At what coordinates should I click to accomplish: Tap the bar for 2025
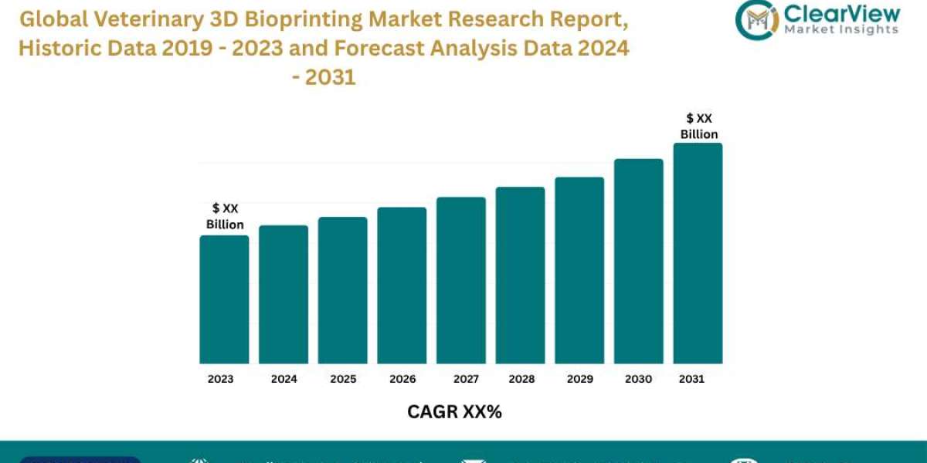(x=342, y=290)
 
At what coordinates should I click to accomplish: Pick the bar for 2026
(x=402, y=286)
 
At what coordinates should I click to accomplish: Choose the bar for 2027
(x=461, y=280)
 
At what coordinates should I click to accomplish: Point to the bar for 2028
(x=520, y=275)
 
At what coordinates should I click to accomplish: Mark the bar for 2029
(x=579, y=270)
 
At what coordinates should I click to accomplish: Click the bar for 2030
(x=639, y=261)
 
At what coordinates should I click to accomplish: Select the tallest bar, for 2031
(x=698, y=253)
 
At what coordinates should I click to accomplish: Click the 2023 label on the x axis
(x=220, y=379)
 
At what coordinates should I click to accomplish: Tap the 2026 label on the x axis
(x=402, y=379)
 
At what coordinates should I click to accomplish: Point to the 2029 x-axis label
(x=579, y=379)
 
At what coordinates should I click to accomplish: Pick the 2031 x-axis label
(x=691, y=379)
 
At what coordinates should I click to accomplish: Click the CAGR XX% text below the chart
(x=454, y=412)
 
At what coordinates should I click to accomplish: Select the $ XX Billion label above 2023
(x=225, y=216)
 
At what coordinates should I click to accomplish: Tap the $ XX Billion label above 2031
(x=699, y=126)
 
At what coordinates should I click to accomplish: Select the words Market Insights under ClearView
(x=840, y=29)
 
